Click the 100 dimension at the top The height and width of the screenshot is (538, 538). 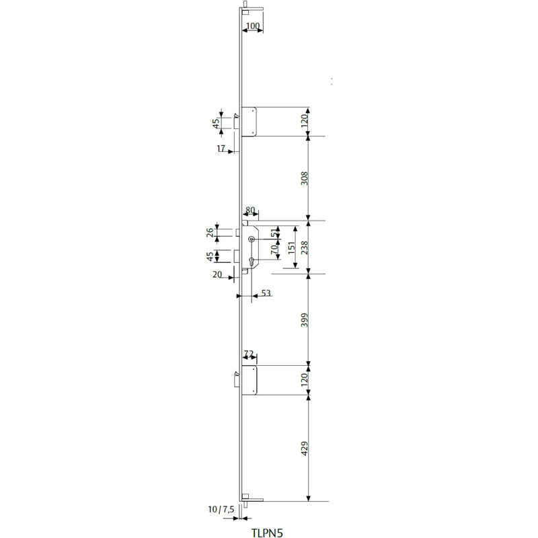pyautogui.click(x=253, y=26)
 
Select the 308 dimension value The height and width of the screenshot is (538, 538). pyautogui.click(x=304, y=178)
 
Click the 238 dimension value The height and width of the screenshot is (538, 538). pyautogui.click(x=304, y=247)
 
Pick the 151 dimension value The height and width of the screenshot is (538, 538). pyautogui.click(x=290, y=247)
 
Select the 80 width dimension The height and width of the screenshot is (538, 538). pyautogui.click(x=250, y=210)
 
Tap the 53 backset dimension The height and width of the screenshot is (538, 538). pyautogui.click(x=266, y=293)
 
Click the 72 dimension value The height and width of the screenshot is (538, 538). pyautogui.click(x=248, y=354)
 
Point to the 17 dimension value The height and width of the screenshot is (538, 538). pyautogui.click(x=221, y=149)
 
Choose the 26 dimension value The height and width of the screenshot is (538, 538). pyautogui.click(x=210, y=232)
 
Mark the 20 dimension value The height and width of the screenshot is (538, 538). pyautogui.click(x=217, y=275)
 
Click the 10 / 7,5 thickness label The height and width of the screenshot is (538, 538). pyautogui.click(x=221, y=510)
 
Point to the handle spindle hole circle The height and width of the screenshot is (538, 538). pyautogui.click(x=251, y=240)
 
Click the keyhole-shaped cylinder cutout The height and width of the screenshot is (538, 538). pyautogui.click(x=251, y=261)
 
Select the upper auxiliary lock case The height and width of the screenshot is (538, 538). pyautogui.click(x=248, y=122)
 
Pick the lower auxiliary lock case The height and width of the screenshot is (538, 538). pyautogui.click(x=249, y=380)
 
